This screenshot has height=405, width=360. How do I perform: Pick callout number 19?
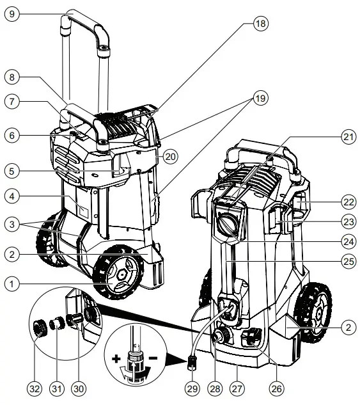coord(261,99)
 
